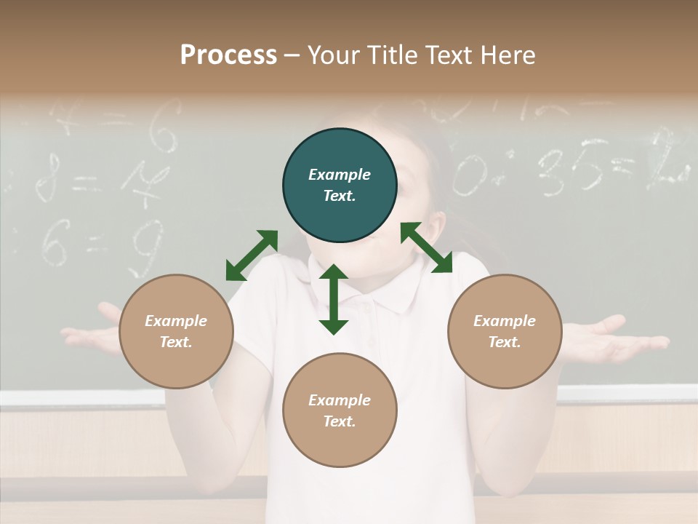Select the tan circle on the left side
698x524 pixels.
point(176,331)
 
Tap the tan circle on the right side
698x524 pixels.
point(505,331)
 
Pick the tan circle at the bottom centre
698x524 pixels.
point(340,410)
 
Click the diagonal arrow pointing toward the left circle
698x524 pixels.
point(252,255)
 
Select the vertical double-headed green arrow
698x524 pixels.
point(334,299)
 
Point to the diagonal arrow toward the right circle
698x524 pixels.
point(427,247)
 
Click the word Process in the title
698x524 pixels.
point(228,55)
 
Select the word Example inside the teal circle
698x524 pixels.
point(340,175)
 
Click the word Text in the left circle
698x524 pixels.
point(175,342)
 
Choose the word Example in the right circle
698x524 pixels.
point(505,321)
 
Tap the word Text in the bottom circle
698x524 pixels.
point(339,421)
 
